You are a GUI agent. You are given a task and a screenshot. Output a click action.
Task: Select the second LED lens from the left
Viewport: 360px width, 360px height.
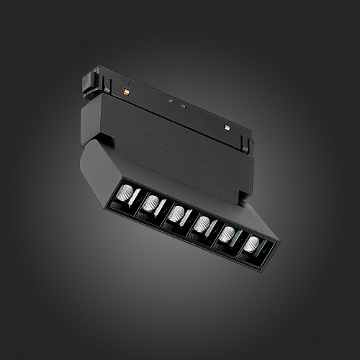pyautogui.click(x=150, y=204)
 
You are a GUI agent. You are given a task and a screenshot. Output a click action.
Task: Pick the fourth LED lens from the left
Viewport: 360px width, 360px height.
pyautogui.click(x=201, y=223)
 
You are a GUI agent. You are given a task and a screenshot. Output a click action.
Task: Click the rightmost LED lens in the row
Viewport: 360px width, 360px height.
pyautogui.click(x=251, y=243)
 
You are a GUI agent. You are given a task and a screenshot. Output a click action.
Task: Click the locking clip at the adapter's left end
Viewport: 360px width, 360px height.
pyautogui.click(x=90, y=81)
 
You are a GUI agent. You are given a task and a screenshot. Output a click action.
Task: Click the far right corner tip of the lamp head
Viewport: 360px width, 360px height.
pyautogui.click(x=279, y=243)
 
